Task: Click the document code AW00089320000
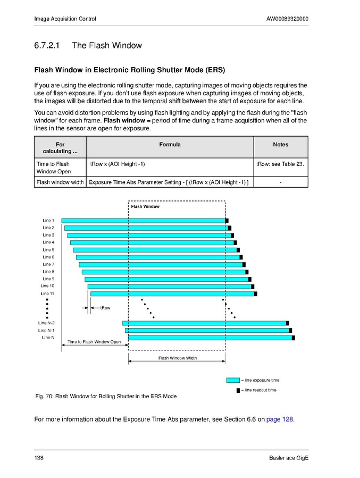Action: pos(287,19)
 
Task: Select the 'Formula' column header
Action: pos(170,145)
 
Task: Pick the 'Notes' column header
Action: pos(280,145)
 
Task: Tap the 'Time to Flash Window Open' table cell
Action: pos(53,167)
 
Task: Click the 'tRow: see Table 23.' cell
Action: pos(280,164)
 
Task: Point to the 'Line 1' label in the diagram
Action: pos(48,221)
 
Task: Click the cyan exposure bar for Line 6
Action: pos(157,257)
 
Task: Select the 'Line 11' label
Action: pos(47,293)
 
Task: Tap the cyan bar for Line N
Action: pos(210,338)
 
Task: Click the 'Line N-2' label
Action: pos(46,323)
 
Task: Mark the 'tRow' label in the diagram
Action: pos(105,308)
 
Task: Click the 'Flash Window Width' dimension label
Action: pos(178,358)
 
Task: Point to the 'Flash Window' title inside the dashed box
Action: pos(145,206)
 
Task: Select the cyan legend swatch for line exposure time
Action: pos(233,380)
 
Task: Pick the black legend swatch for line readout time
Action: pos(238,390)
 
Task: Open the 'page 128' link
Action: pos(280,419)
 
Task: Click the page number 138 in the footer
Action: pos(39,458)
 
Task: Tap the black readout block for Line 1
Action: pos(227,221)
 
